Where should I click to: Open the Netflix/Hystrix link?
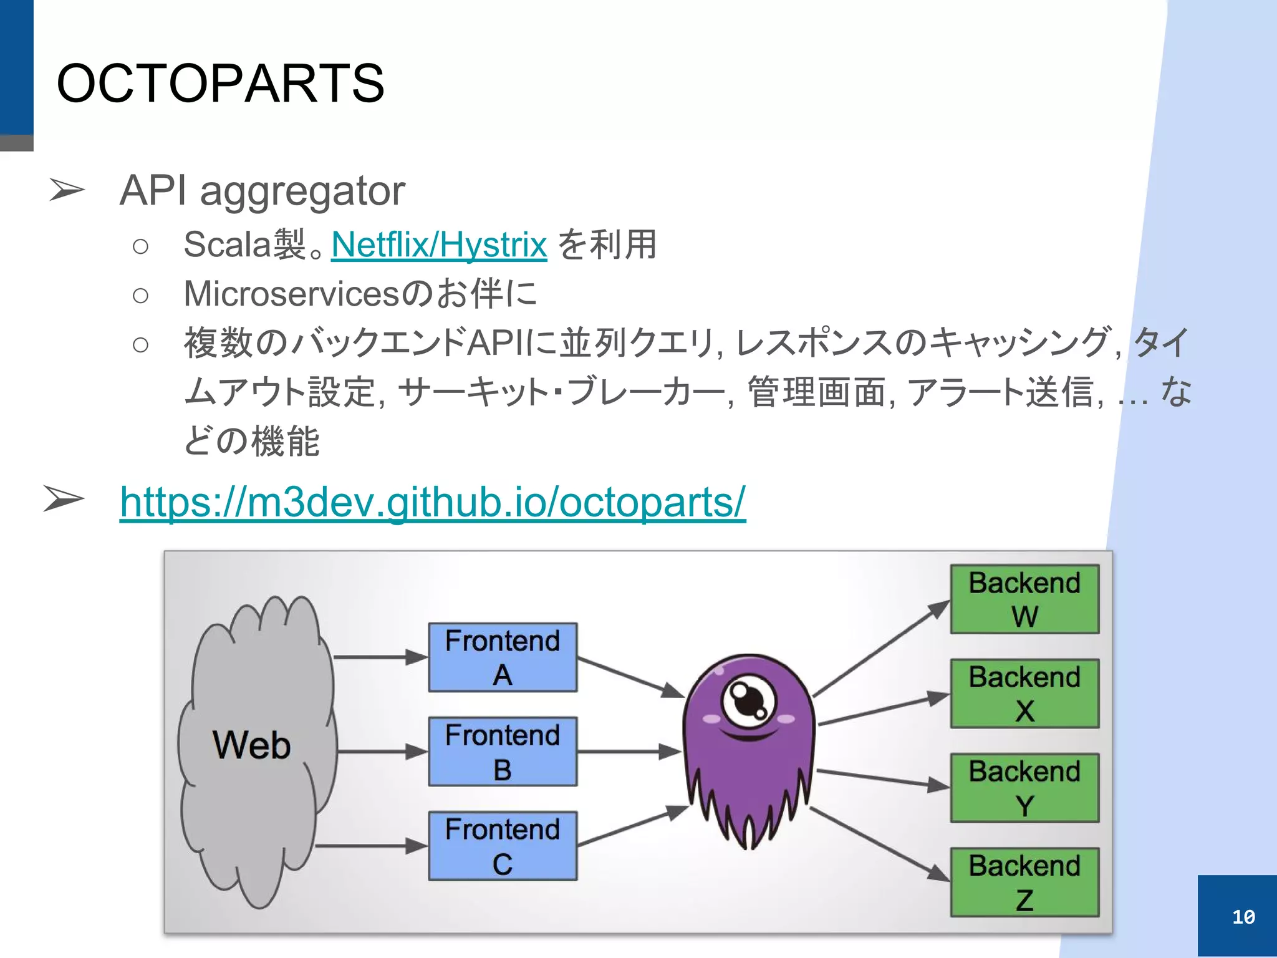pos(439,244)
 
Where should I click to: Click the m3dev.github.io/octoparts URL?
pos(432,501)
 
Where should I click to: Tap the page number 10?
pos(1243,917)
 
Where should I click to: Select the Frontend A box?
pos(503,657)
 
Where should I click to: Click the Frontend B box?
pos(503,752)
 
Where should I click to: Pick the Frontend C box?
pos(503,846)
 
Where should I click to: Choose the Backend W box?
pos(1024,599)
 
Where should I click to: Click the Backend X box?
pos(1024,694)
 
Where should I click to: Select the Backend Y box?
pos(1024,788)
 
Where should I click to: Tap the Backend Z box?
pos(1024,882)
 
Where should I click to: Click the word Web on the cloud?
pos(251,745)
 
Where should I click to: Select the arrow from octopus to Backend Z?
pos(879,843)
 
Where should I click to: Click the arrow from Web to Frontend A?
pos(380,657)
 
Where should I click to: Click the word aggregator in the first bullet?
pos(302,191)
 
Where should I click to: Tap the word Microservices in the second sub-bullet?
pos(289,294)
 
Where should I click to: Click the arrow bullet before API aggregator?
pos(66,190)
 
